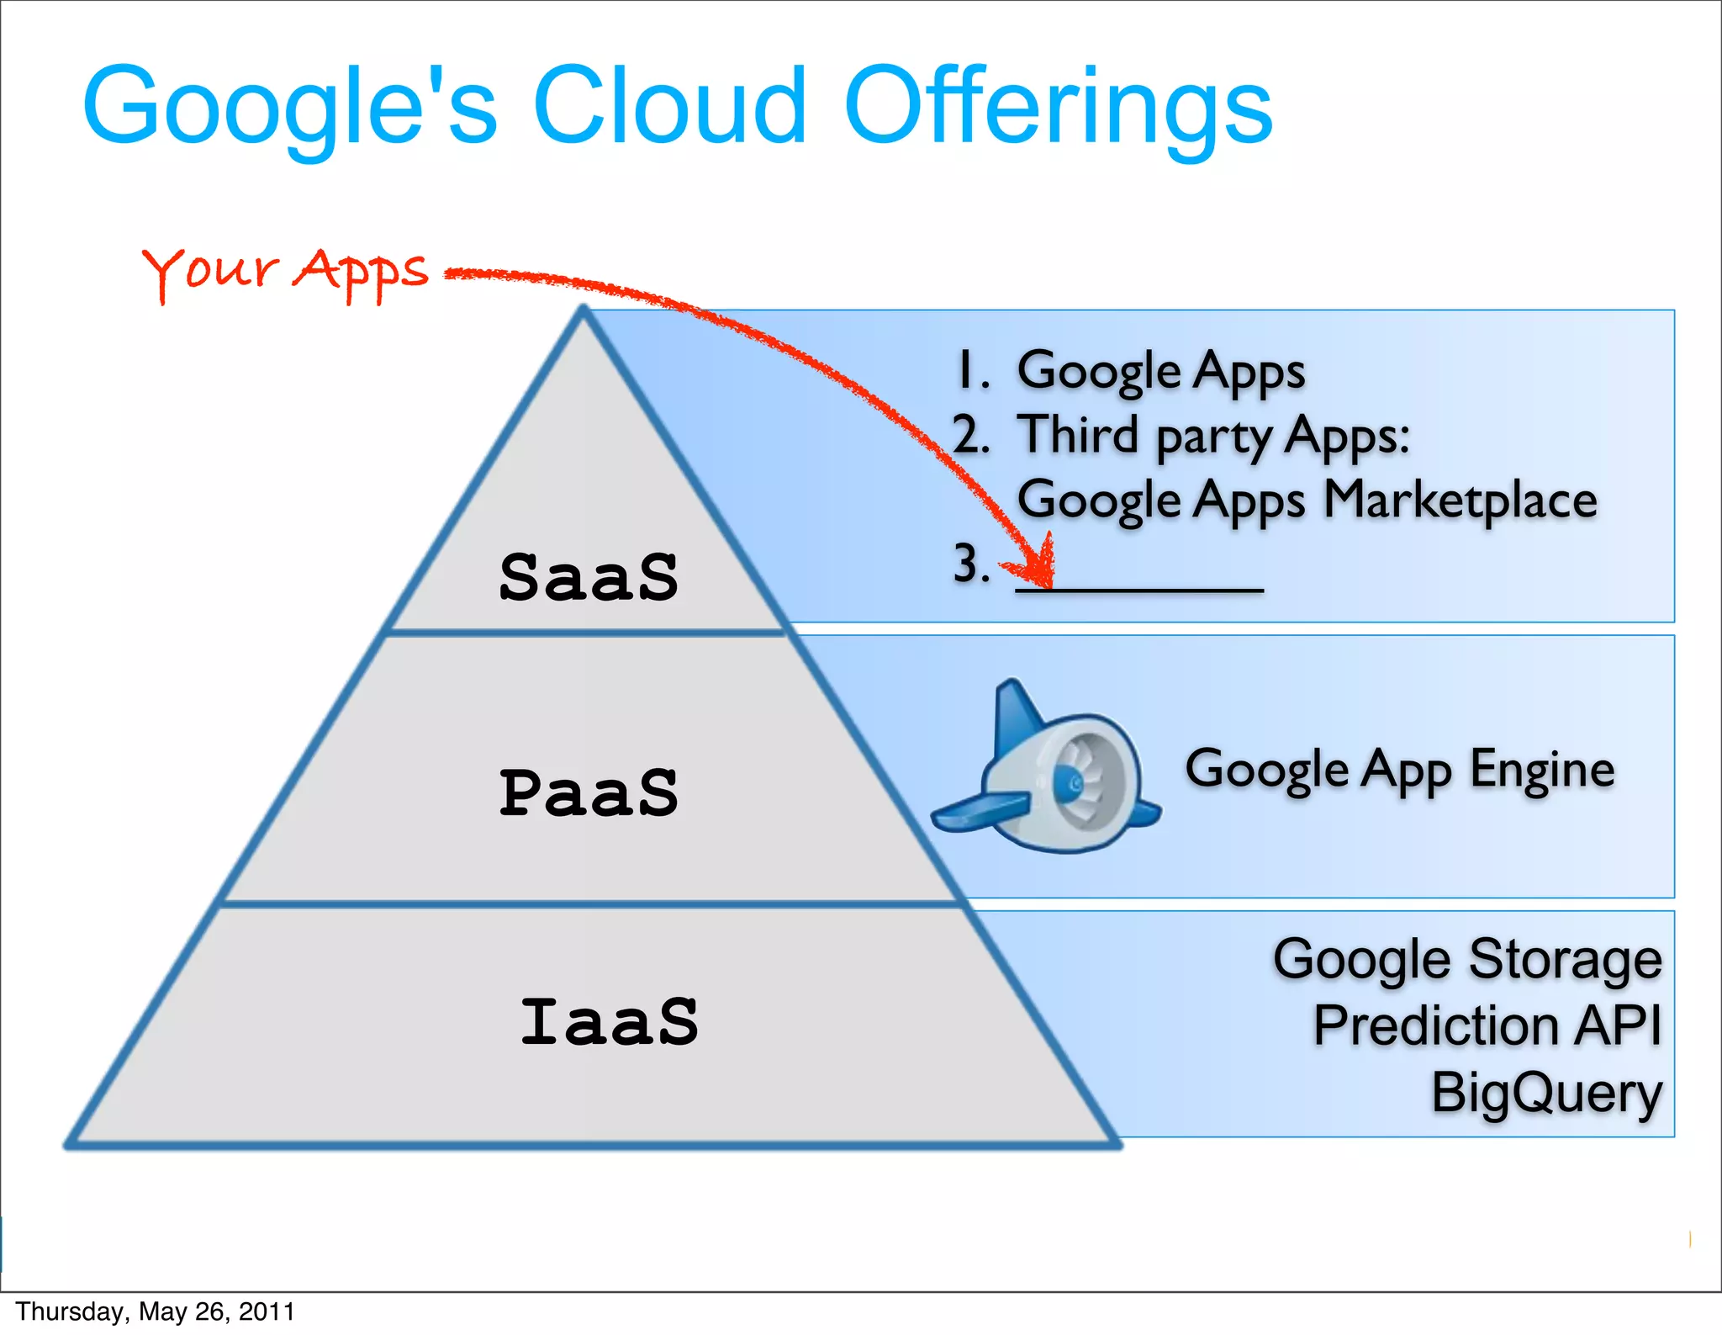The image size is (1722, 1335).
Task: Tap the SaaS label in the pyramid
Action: (x=589, y=578)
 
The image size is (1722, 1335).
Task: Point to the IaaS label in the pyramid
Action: (x=609, y=1022)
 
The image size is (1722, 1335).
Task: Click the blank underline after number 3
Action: (x=1139, y=589)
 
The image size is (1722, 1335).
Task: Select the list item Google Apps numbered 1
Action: (x=1160, y=371)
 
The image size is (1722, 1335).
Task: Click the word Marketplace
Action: (x=1460, y=500)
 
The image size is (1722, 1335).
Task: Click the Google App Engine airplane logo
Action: (x=1047, y=770)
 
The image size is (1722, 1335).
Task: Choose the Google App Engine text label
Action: (x=1399, y=769)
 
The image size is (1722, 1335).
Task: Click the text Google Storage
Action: (x=1467, y=959)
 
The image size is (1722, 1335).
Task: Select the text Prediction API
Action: (x=1487, y=1025)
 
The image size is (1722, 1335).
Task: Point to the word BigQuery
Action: (x=1546, y=1093)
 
